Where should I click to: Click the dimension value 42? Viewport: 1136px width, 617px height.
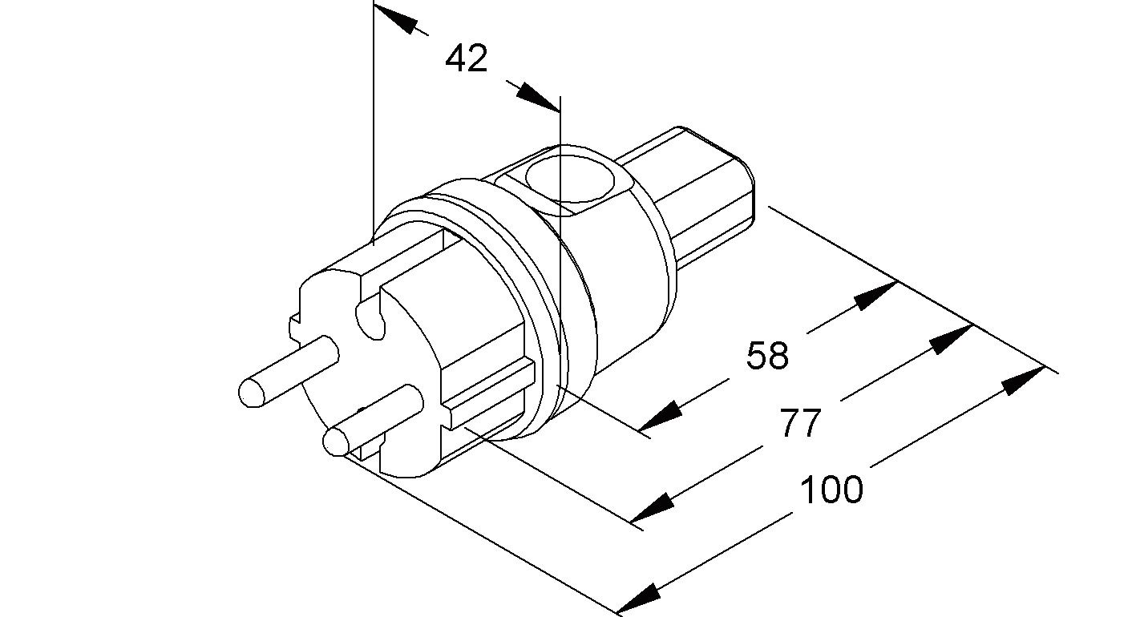pyautogui.click(x=467, y=58)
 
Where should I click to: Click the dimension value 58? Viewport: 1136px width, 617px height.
pyautogui.click(x=767, y=355)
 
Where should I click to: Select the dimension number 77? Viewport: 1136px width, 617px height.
pyautogui.click(x=801, y=424)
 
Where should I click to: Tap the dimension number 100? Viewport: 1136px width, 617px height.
pyautogui.click(x=831, y=489)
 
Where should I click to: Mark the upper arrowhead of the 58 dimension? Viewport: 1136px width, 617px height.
pyautogui.click(x=875, y=295)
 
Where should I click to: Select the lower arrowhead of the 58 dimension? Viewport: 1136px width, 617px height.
pyautogui.click(x=660, y=417)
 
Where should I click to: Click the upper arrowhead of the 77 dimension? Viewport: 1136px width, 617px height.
pyautogui.click(x=952, y=338)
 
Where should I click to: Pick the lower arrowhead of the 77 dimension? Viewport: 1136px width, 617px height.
pyautogui.click(x=651, y=508)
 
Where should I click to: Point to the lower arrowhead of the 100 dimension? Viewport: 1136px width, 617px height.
pyautogui.click(x=638, y=596)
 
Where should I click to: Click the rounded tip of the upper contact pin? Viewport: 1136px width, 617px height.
pyautogui.click(x=253, y=393)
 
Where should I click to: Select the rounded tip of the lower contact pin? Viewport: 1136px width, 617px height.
pyautogui.click(x=335, y=441)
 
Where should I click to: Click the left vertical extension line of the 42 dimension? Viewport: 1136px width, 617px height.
pyautogui.click(x=374, y=120)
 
